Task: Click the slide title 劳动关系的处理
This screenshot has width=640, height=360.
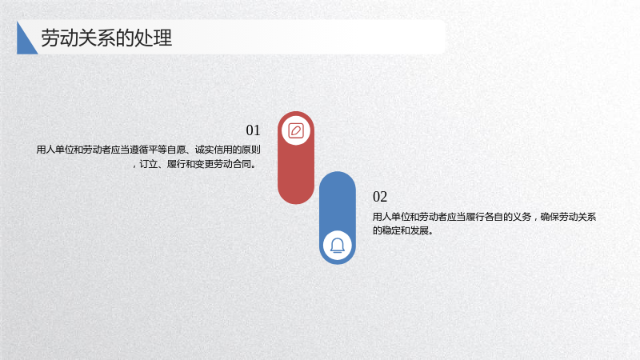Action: pos(106,38)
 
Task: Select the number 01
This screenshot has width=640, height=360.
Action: pos(253,130)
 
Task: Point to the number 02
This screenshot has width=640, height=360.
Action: pos(380,197)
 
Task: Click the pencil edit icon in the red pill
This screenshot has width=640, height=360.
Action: pos(296,131)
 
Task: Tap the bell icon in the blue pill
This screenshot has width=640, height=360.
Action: pos(337,246)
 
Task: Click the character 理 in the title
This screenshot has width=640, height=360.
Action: pos(163,38)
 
